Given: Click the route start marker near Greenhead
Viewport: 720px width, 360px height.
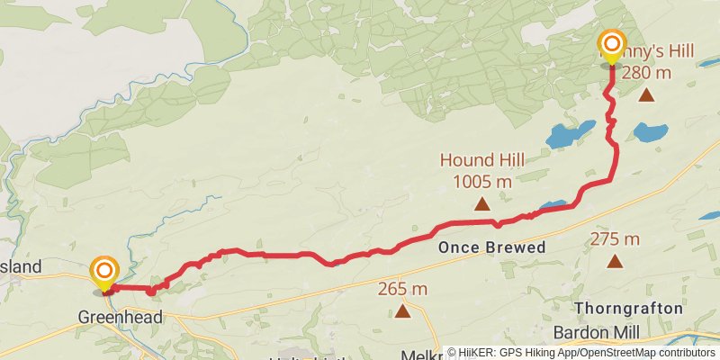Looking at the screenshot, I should tap(104, 270).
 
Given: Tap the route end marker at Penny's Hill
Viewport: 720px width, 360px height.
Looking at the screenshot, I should tap(612, 44).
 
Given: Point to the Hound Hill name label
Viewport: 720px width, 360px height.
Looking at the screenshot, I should tap(482, 161).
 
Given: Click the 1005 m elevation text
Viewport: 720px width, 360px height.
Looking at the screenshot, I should tap(482, 181).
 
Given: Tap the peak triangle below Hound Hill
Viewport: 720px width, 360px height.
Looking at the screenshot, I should tap(482, 204).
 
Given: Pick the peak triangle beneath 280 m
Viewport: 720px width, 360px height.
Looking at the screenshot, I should tap(646, 95).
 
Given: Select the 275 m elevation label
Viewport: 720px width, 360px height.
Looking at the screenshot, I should tap(615, 239).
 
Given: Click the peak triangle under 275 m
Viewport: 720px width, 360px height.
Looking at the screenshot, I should tap(615, 262).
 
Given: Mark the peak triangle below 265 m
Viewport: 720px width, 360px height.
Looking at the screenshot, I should tap(401, 312).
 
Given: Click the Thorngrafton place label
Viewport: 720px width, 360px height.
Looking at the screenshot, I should tap(627, 309).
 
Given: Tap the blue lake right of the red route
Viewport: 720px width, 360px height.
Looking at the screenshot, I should tap(650, 132).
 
